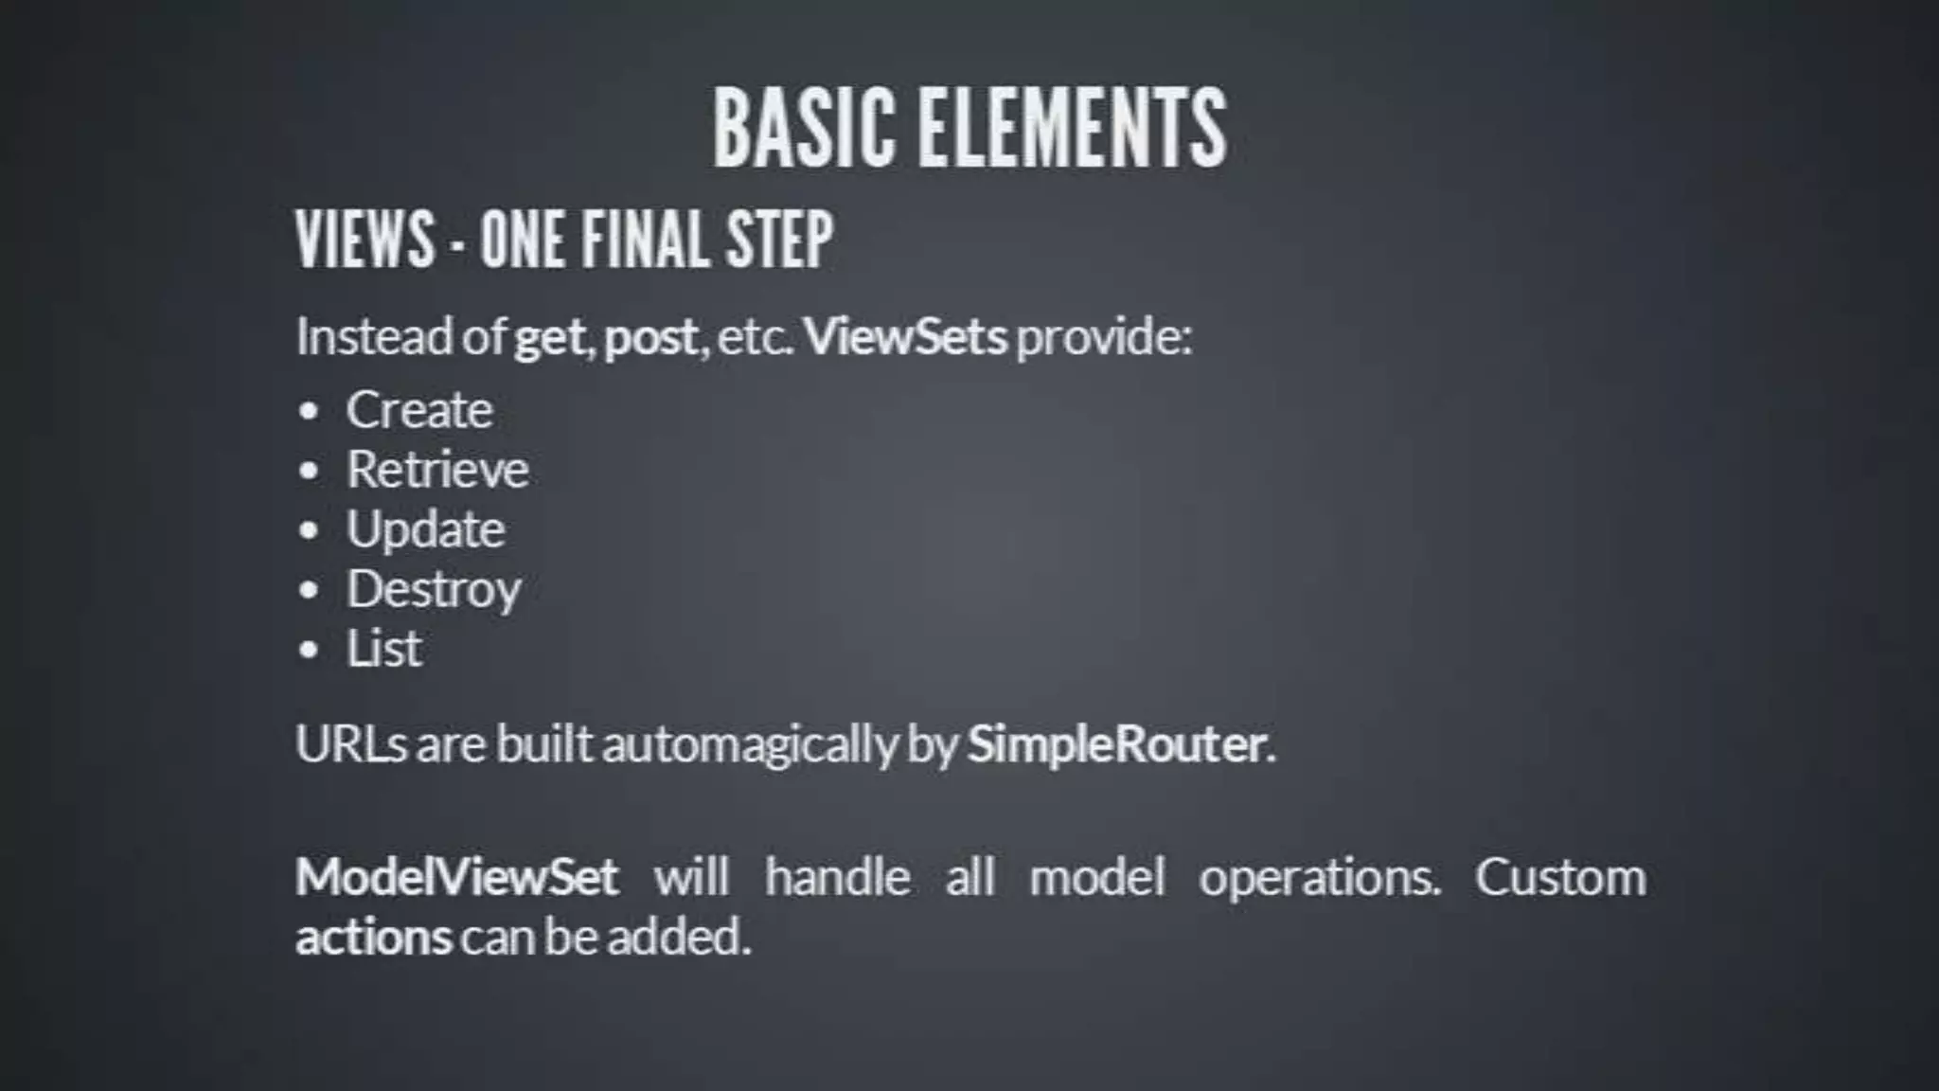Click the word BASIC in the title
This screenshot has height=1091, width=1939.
pos(804,128)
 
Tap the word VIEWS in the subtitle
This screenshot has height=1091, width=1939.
pos(365,239)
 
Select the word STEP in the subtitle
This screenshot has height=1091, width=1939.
pos(779,239)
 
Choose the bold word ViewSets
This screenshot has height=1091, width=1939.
pos(905,336)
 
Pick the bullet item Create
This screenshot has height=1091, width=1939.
pos(419,410)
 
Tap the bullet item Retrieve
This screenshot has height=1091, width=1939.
pos(437,470)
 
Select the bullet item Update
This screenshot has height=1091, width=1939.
pos(425,529)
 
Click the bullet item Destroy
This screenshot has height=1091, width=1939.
pos(434,590)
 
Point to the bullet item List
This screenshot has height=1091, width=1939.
pos(383,649)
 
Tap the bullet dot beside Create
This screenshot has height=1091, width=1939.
pos(309,411)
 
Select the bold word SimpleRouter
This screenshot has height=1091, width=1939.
pos(1116,744)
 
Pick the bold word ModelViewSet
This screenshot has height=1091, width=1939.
pos(456,876)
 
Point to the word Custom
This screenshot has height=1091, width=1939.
pos(1559,877)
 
